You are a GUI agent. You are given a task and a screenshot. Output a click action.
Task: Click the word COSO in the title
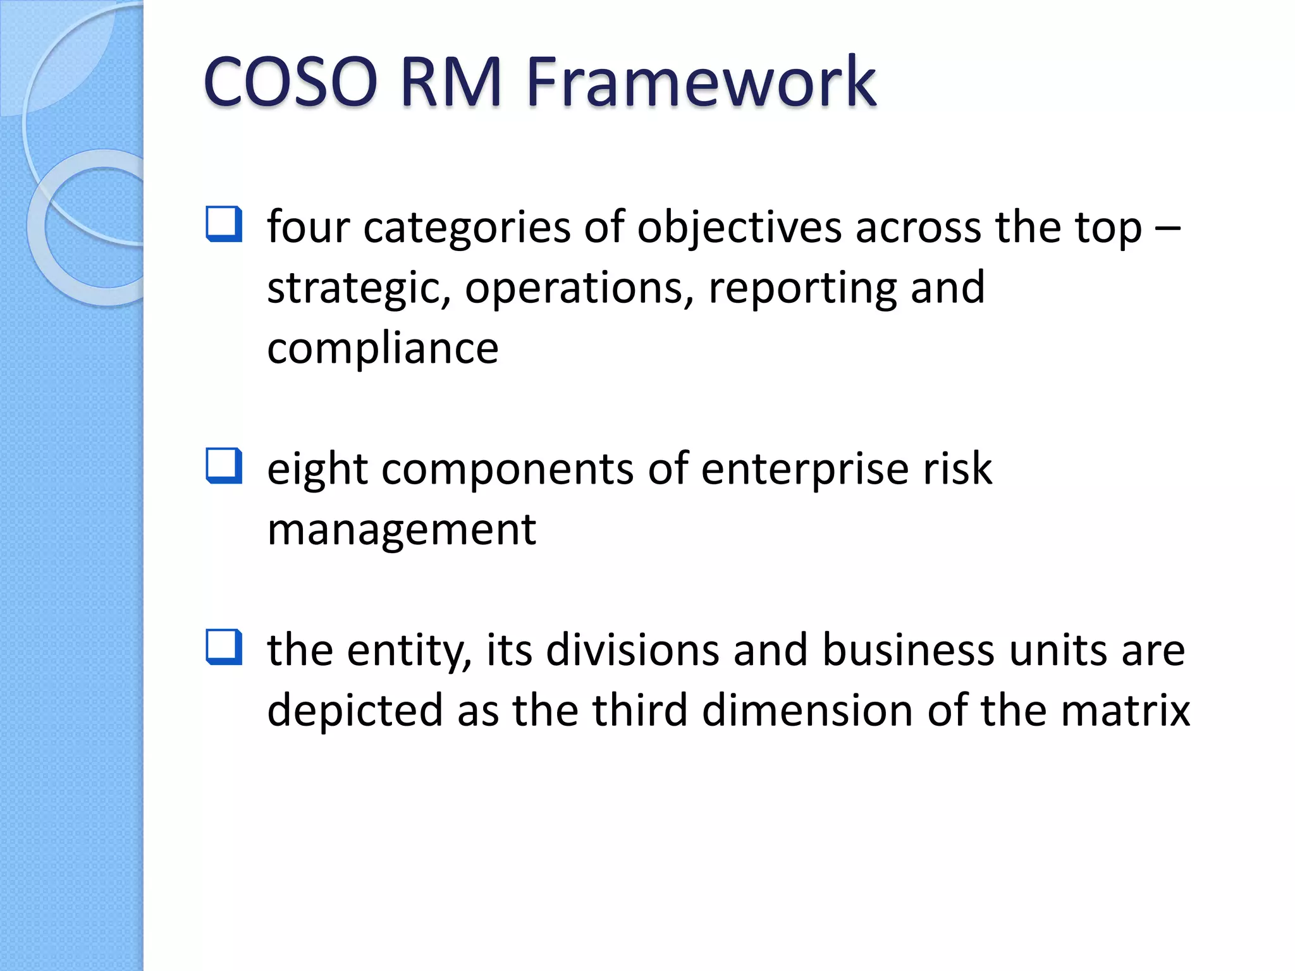pos(290,82)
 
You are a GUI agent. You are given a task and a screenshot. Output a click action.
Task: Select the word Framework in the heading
pos(701,82)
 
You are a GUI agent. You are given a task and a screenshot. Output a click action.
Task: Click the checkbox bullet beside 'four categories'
pos(224,224)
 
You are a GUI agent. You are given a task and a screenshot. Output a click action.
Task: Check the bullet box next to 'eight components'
pos(224,466)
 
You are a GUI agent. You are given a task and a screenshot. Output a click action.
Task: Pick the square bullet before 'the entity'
pos(224,647)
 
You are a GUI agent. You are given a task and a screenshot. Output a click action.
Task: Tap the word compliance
pos(383,348)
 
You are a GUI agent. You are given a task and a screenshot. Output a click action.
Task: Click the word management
pos(402,530)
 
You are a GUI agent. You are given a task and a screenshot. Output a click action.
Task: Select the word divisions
pos(632,650)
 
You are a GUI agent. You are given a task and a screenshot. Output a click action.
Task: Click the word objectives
pos(739,228)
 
